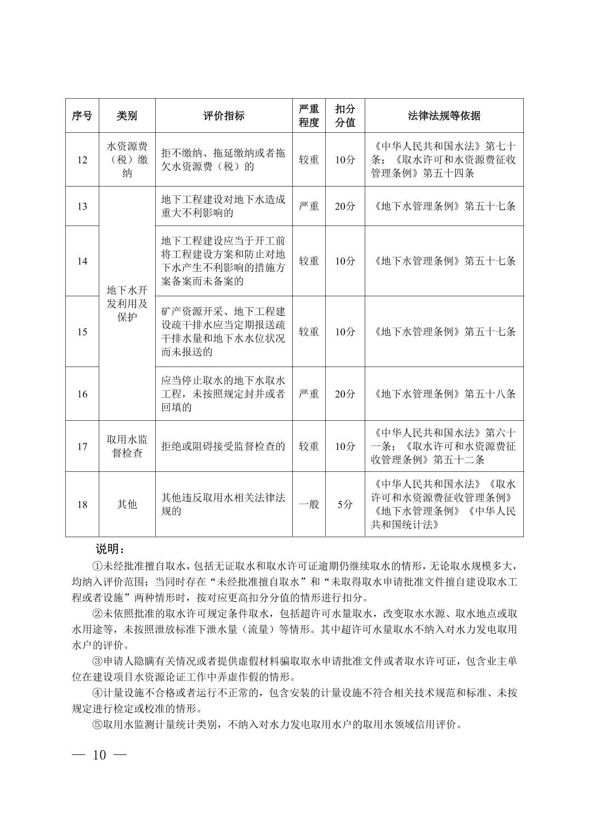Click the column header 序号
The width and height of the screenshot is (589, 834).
click(x=82, y=116)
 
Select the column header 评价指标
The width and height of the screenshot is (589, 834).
click(x=223, y=116)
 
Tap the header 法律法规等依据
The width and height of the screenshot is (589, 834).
click(x=444, y=116)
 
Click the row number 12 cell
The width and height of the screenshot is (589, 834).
click(x=82, y=160)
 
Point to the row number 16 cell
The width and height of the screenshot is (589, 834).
click(x=82, y=394)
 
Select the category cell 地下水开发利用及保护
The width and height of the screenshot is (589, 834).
click(x=127, y=303)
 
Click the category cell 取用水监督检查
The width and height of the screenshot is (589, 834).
click(x=127, y=446)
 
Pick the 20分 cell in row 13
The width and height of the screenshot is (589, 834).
click(x=344, y=206)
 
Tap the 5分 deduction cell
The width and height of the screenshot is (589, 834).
click(x=344, y=504)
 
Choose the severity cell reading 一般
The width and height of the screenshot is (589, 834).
click(x=308, y=504)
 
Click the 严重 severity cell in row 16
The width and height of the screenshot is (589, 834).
click(x=308, y=394)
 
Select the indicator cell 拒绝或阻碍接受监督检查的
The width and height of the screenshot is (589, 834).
click(x=223, y=446)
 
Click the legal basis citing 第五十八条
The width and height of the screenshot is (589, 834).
click(x=444, y=394)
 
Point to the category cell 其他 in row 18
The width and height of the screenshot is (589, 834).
click(x=127, y=504)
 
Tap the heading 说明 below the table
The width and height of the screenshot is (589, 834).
click(x=110, y=549)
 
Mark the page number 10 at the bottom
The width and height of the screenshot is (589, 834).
click(x=99, y=755)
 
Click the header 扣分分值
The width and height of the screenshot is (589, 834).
click(x=344, y=116)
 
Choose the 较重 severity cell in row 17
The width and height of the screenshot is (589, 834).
click(x=308, y=446)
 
